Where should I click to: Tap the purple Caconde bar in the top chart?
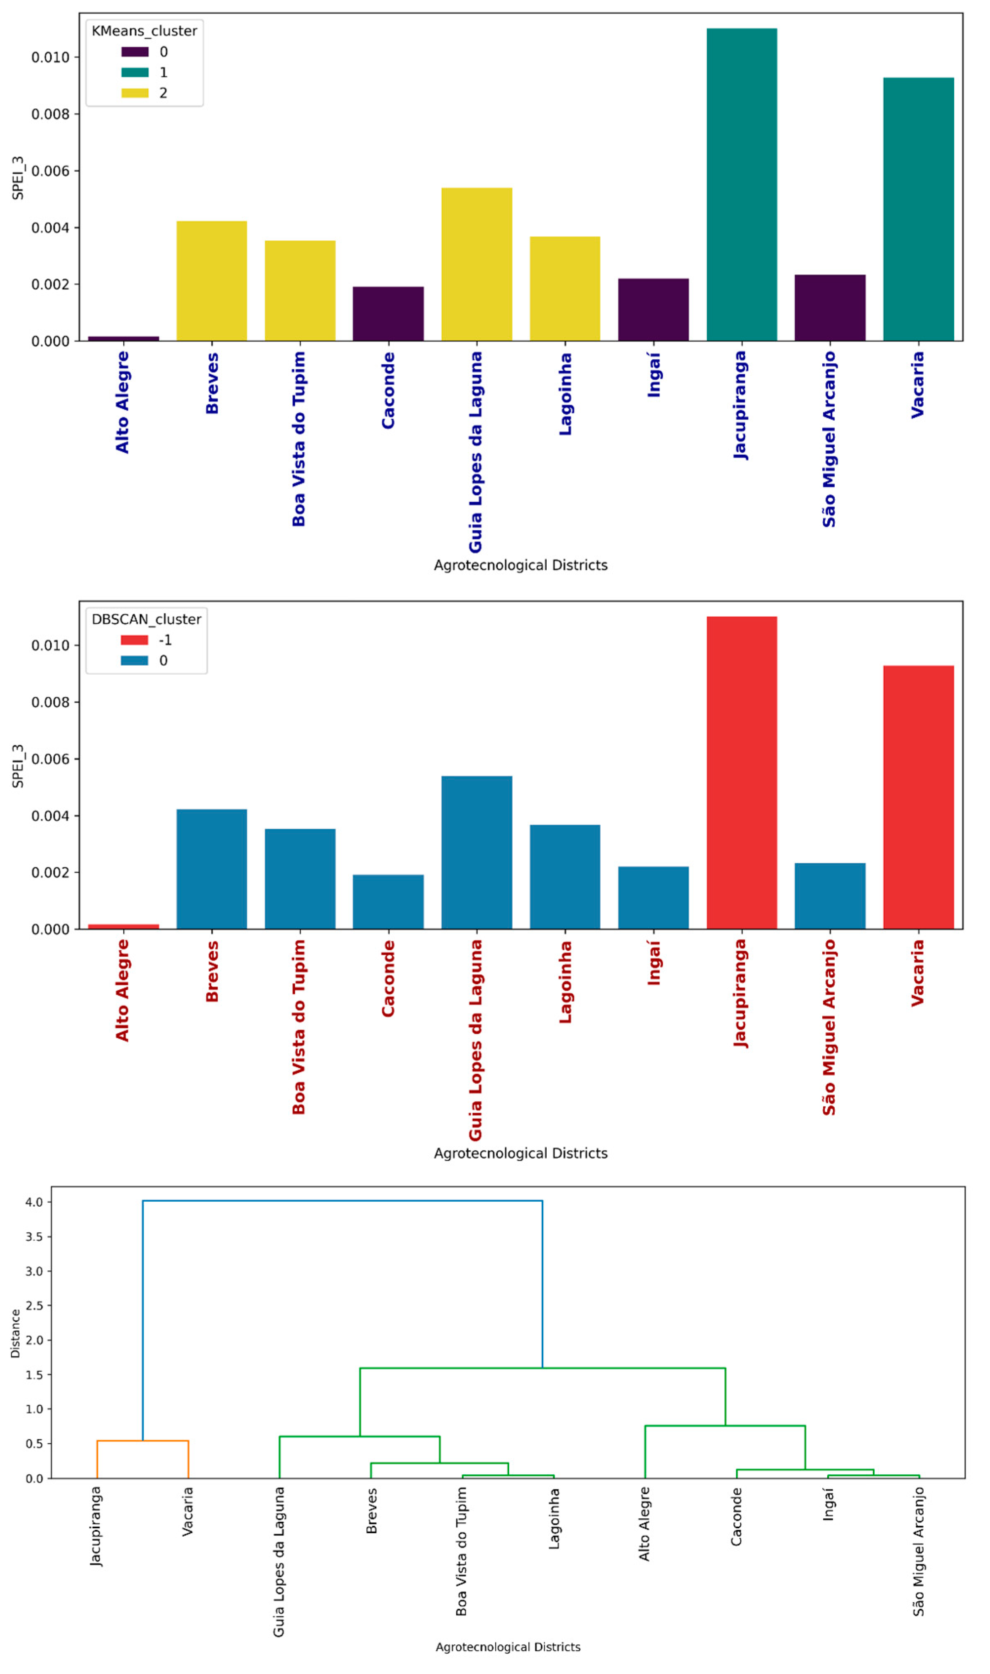pyautogui.click(x=388, y=313)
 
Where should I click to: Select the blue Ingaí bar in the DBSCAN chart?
pyautogui.click(x=653, y=898)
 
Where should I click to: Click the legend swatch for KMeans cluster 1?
pyautogui.click(x=135, y=72)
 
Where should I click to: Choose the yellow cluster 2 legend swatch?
pyautogui.click(x=135, y=93)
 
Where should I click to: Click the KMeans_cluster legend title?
pyautogui.click(x=144, y=31)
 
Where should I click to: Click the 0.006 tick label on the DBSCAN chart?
pyautogui.click(x=50, y=759)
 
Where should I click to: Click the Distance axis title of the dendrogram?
pyautogui.click(x=15, y=1334)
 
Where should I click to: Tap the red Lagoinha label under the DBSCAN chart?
pyautogui.click(x=565, y=982)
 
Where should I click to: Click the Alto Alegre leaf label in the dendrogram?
pyautogui.click(x=644, y=1524)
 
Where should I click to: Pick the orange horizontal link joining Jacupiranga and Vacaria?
pyautogui.click(x=143, y=1441)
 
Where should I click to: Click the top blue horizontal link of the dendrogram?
pyautogui.click(x=342, y=1201)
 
